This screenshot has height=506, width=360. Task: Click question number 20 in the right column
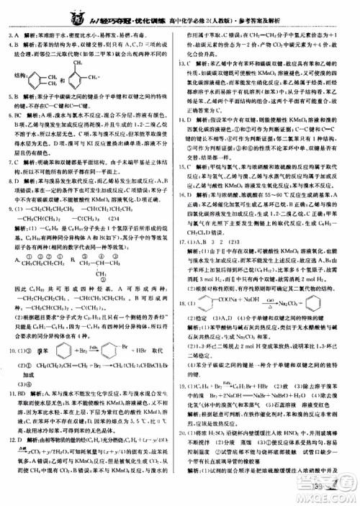187,434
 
